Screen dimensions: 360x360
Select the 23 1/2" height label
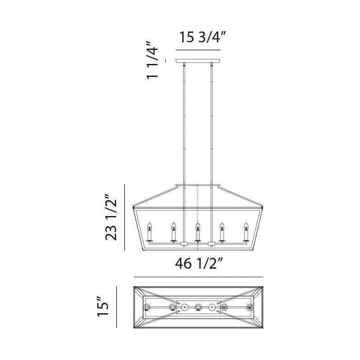pyautogui.click(x=112, y=217)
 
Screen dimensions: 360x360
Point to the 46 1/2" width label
pyautogui.click(x=198, y=264)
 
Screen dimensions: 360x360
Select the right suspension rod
pyautogui.click(x=211, y=126)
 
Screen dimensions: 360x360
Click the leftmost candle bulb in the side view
pyautogui.click(x=149, y=227)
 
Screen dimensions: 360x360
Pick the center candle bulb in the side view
pyautogui.click(x=198, y=227)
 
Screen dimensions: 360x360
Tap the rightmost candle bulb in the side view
pyautogui.click(x=246, y=227)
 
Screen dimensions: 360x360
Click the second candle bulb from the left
pyautogui.click(x=173, y=227)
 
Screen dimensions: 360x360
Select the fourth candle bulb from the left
pyautogui.click(x=221, y=227)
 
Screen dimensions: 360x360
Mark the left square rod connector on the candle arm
pyautogui.click(x=184, y=244)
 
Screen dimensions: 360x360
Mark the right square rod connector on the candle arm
pyautogui.click(x=211, y=244)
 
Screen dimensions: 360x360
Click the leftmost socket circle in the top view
pyautogui.click(x=146, y=308)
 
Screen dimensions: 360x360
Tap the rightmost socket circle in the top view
pyautogui.click(x=250, y=308)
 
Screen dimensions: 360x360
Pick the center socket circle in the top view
pyautogui.click(x=198, y=308)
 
